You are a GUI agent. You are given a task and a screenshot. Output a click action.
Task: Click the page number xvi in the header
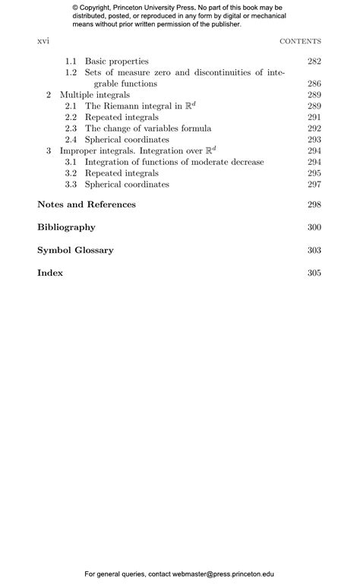tap(43, 41)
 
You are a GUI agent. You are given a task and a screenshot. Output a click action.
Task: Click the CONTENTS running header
tap(300, 42)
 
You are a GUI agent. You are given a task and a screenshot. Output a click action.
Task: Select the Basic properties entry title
tap(116, 61)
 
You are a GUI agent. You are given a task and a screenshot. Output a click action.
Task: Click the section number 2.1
tap(71, 106)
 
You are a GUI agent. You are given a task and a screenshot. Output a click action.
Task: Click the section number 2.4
tap(71, 140)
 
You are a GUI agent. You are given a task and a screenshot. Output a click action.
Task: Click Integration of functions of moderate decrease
tap(174, 162)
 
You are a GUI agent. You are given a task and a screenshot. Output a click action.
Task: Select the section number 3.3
tap(71, 185)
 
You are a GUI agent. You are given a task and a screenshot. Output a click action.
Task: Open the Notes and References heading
tap(87, 204)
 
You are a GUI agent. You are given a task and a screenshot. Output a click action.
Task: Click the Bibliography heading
tap(66, 227)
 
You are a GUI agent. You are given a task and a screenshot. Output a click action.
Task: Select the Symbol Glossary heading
tap(75, 250)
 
